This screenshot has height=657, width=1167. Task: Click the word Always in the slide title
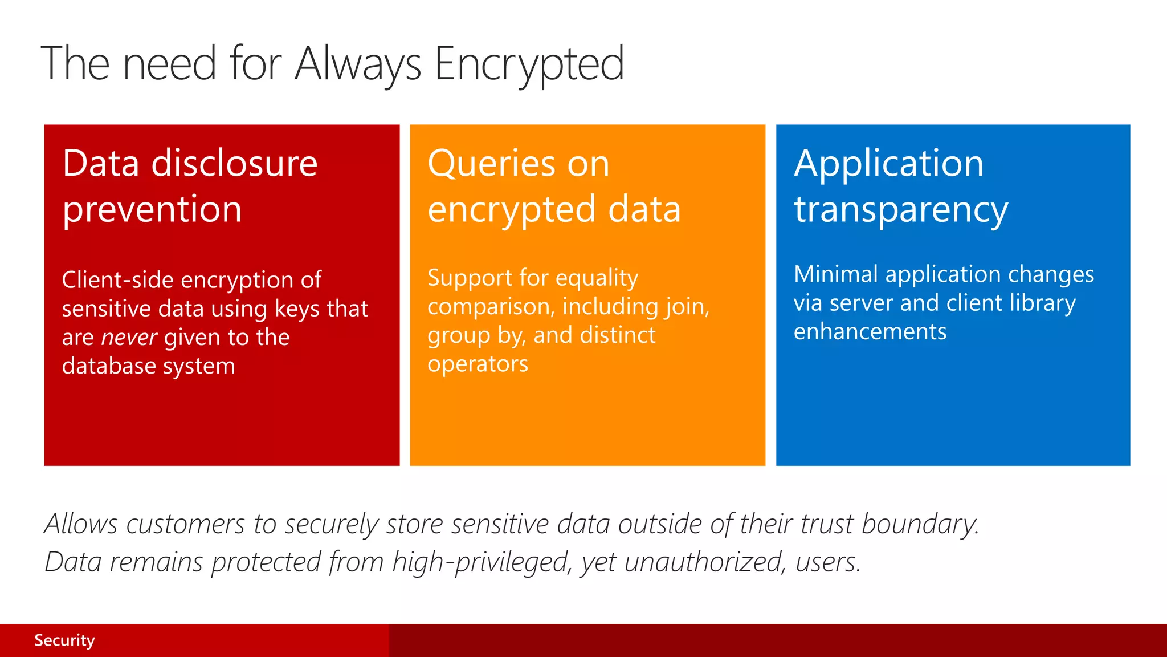(358, 64)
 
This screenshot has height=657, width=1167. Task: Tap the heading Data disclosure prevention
(190, 186)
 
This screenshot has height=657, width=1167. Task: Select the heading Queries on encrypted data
(554, 186)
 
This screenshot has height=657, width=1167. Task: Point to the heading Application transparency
(900, 186)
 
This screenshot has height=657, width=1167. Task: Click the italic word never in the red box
(129, 338)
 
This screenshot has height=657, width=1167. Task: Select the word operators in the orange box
(478, 364)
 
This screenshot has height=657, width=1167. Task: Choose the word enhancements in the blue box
(870, 332)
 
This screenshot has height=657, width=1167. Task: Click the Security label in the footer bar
(64, 640)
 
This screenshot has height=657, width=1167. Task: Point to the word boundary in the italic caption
(920, 524)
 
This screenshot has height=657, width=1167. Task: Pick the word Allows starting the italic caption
(81, 524)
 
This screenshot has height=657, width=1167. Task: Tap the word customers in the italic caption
(185, 524)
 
